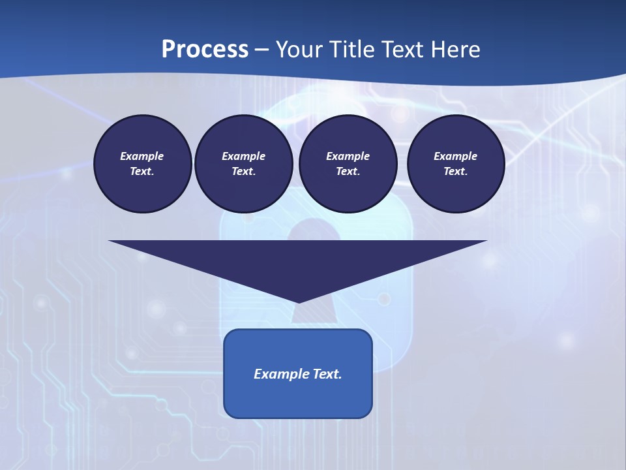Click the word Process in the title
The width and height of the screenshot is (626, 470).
click(205, 50)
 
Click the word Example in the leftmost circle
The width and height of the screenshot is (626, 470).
click(142, 156)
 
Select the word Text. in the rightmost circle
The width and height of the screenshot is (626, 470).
click(456, 171)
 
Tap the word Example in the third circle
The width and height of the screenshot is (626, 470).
click(348, 156)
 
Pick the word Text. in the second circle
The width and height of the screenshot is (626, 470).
click(243, 171)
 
